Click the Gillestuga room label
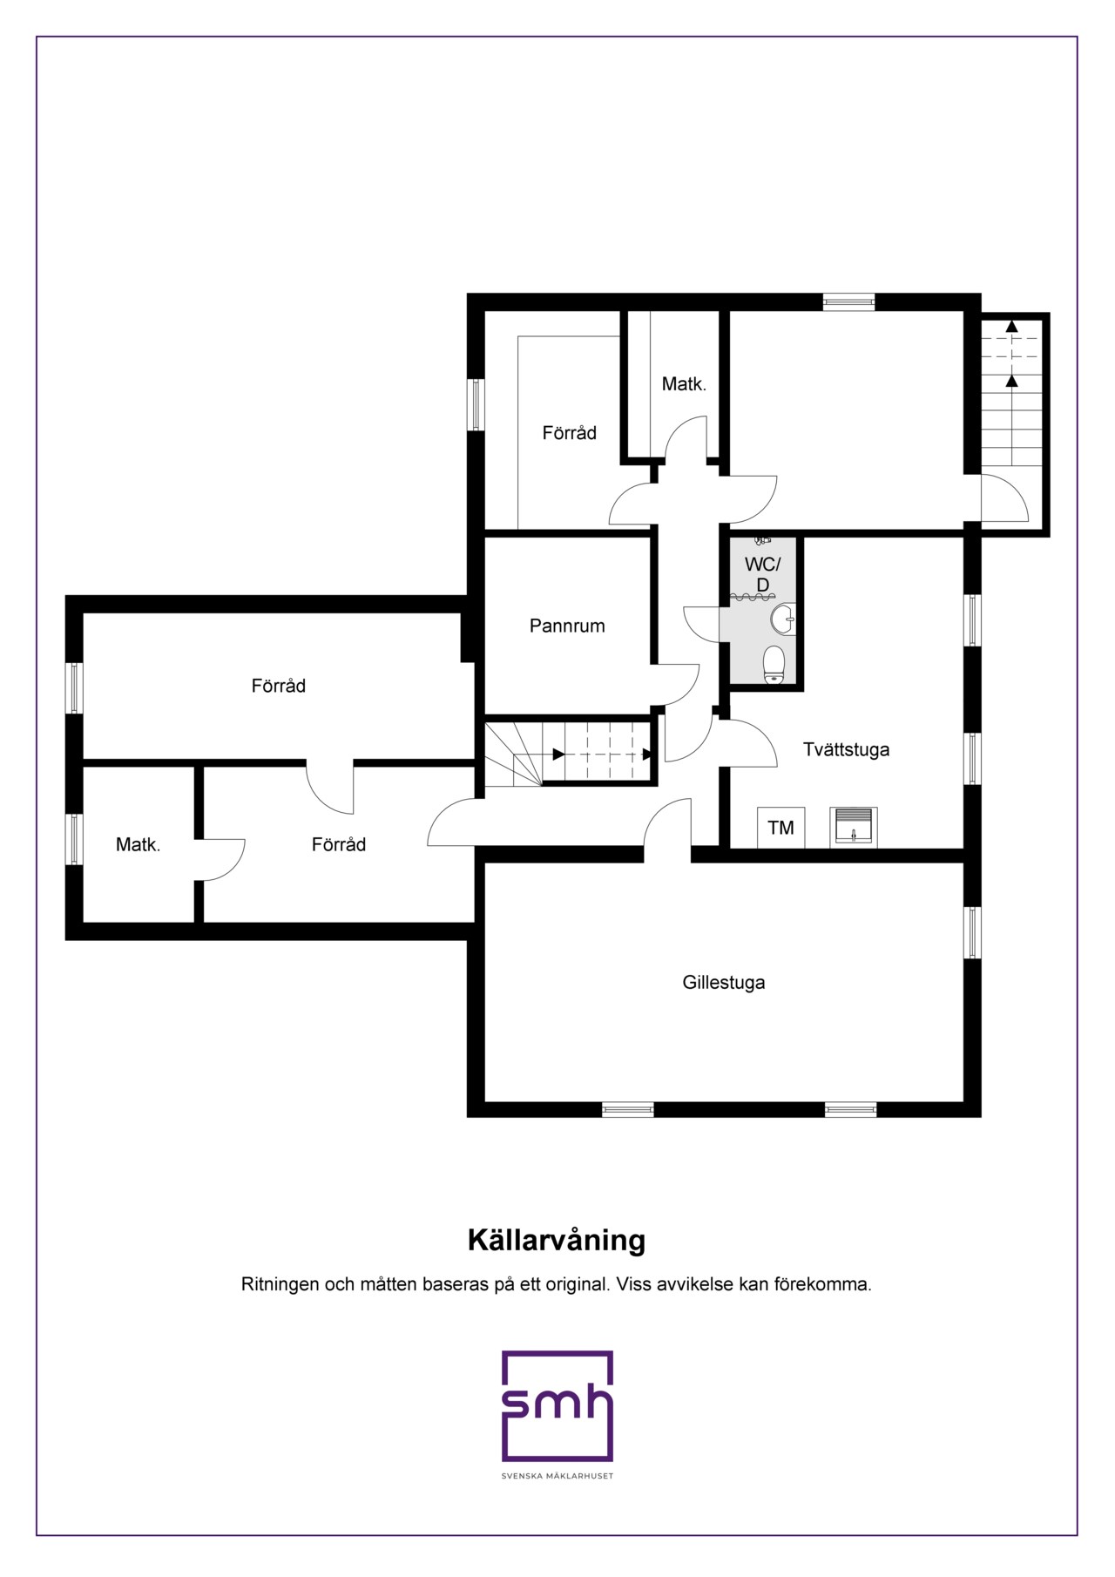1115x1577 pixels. click(x=724, y=983)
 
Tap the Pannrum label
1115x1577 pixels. click(x=567, y=626)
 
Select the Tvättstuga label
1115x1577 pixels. click(x=846, y=750)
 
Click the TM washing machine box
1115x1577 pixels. click(x=781, y=828)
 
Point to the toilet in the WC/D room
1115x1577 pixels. click(x=774, y=665)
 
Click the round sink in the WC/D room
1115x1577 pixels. click(x=782, y=619)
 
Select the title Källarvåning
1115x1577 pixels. click(x=557, y=1240)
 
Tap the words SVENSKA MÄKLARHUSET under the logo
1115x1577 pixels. click(x=557, y=1476)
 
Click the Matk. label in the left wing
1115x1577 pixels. click(x=139, y=844)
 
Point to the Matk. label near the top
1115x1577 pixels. click(x=684, y=383)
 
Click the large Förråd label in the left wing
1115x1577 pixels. click(x=279, y=687)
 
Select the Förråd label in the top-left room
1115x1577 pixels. click(x=570, y=433)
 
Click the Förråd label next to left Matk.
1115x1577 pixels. click(x=339, y=844)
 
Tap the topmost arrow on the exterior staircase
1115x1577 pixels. click(x=1011, y=326)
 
